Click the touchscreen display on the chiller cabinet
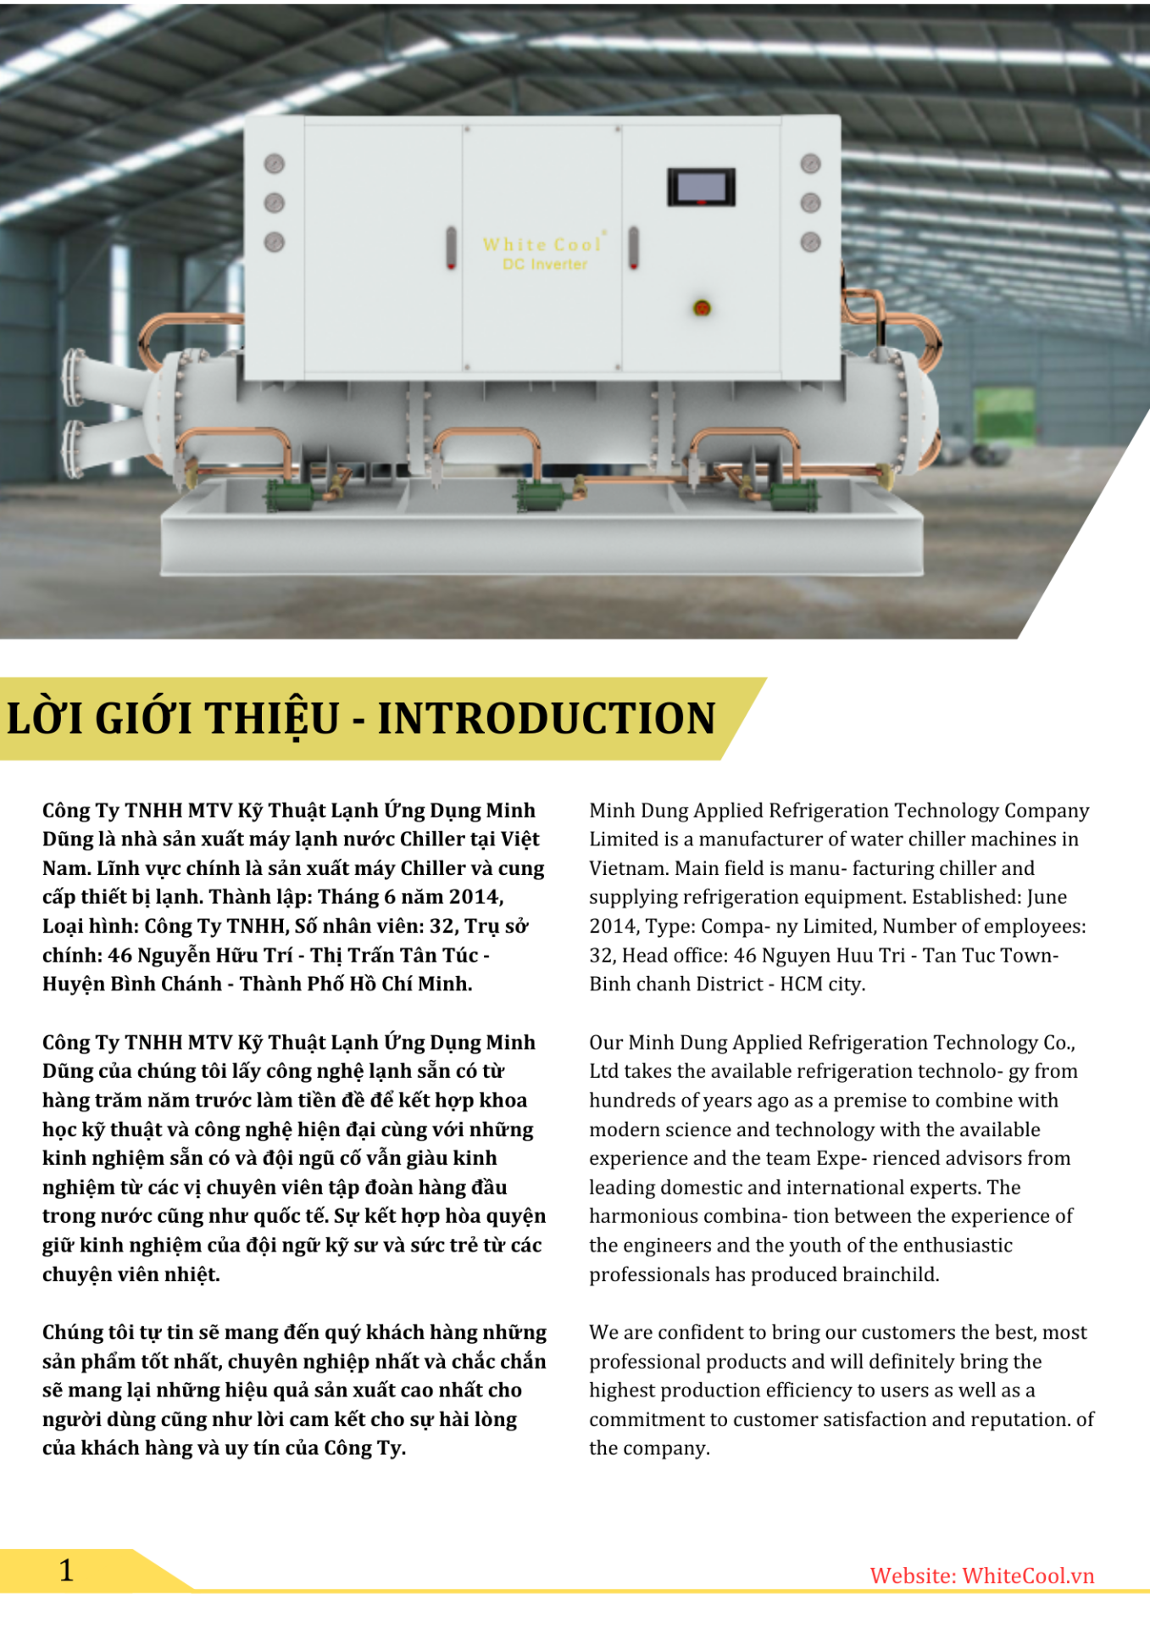(701, 187)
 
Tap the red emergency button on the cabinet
(702, 308)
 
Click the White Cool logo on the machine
(543, 244)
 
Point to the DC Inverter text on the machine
(545, 265)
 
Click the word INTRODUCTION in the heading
(547, 718)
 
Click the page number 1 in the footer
(66, 1570)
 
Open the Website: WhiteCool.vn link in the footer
(981, 1575)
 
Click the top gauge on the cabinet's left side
(275, 164)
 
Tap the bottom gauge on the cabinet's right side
(810, 243)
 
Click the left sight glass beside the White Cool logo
(451, 247)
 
